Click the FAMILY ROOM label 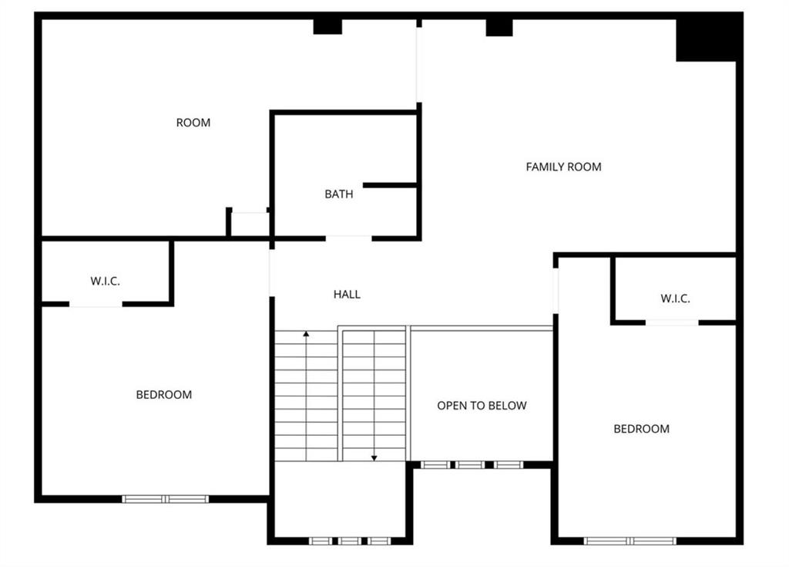tap(563, 167)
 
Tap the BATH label tap(338, 194)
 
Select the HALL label tap(347, 294)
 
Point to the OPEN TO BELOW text tap(482, 405)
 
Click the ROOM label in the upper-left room tap(193, 123)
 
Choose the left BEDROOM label tap(163, 395)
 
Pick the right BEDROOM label tap(641, 429)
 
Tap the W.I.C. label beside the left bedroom tap(105, 282)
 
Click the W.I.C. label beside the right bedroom tap(675, 299)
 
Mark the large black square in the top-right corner tap(707, 39)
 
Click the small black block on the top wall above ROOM tap(327, 26)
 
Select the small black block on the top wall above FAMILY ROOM tap(499, 27)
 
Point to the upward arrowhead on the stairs tap(306, 335)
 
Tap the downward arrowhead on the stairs tap(374, 457)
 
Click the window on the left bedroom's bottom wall tap(166, 499)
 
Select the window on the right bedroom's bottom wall tap(630, 541)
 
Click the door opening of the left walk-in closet tap(96, 305)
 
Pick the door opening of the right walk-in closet tap(672, 322)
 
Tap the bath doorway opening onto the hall tap(348, 238)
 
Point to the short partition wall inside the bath tap(389, 185)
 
